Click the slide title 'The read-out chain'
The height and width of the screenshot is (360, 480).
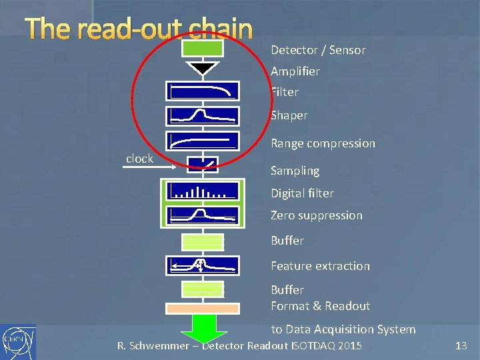139,29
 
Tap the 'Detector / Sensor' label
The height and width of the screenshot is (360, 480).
318,50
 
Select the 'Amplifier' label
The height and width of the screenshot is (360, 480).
295,71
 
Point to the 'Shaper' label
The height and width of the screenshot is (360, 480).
289,115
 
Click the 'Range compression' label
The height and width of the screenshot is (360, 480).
323,143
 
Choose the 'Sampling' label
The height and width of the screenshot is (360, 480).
295,171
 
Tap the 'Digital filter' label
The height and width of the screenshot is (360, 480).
302,193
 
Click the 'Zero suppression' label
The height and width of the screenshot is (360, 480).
317,215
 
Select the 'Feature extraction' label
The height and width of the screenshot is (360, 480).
320,266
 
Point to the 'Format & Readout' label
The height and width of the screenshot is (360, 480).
320,306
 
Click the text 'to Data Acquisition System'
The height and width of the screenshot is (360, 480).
343,329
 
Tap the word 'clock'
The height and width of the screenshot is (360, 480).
139,159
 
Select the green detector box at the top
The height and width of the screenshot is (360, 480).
203,48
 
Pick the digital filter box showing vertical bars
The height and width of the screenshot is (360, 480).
203,191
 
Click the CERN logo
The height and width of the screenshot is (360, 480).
18,341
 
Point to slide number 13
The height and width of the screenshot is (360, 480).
461,345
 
